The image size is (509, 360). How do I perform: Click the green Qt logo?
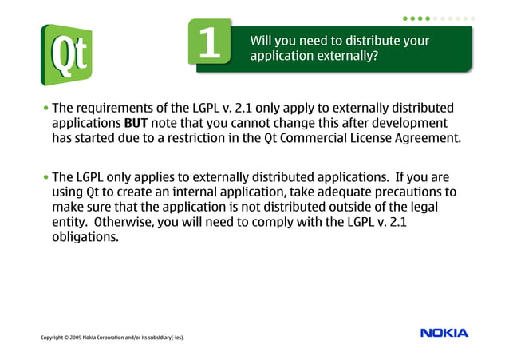click(66, 55)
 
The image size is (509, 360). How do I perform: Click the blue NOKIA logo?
click(444, 332)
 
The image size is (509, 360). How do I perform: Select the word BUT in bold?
click(136, 123)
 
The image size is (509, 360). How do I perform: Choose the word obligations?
click(85, 237)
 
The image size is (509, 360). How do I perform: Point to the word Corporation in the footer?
click(113, 338)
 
